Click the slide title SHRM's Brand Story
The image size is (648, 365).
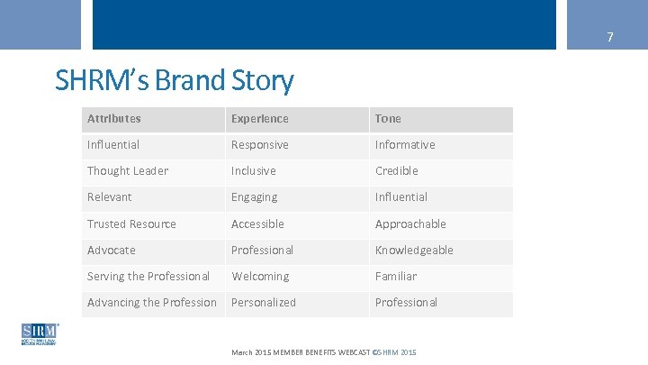tap(174, 81)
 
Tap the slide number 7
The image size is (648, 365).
tap(609, 38)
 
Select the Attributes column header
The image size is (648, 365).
tap(114, 119)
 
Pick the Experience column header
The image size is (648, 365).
tap(260, 119)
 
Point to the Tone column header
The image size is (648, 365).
tap(389, 119)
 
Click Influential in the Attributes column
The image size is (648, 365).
tap(113, 145)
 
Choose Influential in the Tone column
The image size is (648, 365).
tap(401, 197)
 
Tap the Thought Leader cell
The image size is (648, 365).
tap(128, 171)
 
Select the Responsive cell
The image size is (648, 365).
tap(260, 145)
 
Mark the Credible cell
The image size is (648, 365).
tap(397, 171)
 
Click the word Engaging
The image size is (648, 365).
tap(255, 197)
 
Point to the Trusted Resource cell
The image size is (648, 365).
tap(131, 224)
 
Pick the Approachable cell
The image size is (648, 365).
tap(410, 224)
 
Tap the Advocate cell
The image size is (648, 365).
tap(112, 251)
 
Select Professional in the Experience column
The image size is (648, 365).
tap(262, 251)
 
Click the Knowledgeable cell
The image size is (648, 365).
tap(414, 251)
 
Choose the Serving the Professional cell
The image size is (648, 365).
tap(148, 277)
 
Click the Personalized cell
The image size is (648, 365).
tap(264, 303)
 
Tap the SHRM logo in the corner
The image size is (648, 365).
tap(39, 334)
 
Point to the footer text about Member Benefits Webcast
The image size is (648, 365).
tap(323, 351)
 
